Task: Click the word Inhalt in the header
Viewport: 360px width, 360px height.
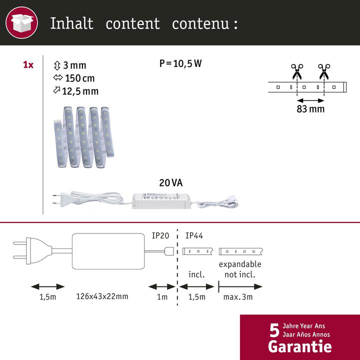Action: (x=72, y=23)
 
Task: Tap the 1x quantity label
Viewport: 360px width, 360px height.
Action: (x=28, y=65)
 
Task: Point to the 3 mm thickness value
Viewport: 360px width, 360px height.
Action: (x=74, y=65)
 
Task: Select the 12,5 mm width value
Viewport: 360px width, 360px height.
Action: (x=80, y=91)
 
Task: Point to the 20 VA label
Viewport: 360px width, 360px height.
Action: (x=170, y=183)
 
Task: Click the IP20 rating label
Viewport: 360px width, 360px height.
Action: (x=161, y=235)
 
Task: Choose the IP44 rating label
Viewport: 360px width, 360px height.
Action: (x=194, y=235)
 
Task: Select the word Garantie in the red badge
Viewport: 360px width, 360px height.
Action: (x=299, y=345)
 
